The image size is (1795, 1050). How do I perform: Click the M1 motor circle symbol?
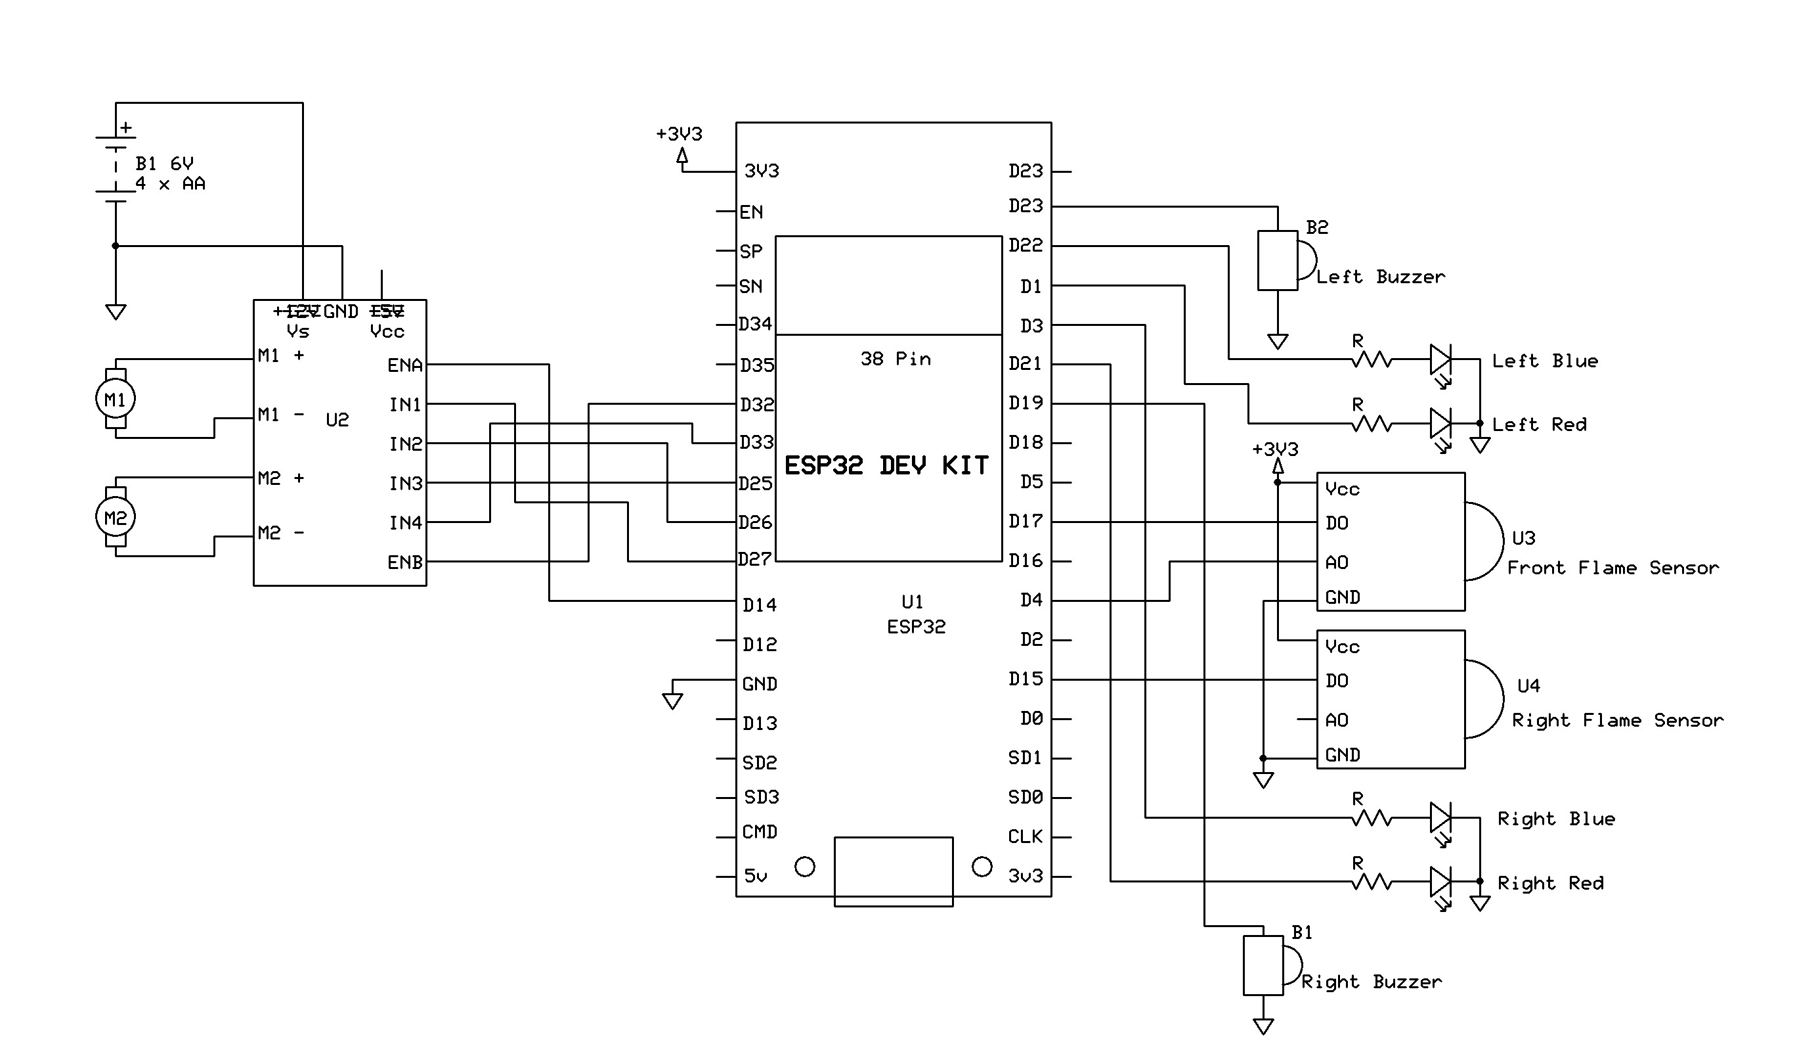(x=116, y=399)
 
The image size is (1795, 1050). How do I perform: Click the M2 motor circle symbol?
(x=116, y=518)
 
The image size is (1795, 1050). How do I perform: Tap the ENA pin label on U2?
(x=404, y=366)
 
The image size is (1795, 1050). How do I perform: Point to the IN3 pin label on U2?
(x=405, y=484)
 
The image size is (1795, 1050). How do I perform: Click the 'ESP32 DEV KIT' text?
(x=886, y=466)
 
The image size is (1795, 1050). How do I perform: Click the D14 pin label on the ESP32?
(x=760, y=605)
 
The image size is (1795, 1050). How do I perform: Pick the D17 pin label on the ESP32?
(x=1025, y=522)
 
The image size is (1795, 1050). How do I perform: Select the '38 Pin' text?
(x=896, y=359)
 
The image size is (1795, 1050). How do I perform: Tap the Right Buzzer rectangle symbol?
(x=1263, y=965)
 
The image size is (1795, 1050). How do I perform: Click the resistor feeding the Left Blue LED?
(x=1371, y=359)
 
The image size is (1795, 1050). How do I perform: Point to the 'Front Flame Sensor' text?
(x=1612, y=568)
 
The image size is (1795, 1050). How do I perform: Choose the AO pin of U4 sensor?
(x=1337, y=720)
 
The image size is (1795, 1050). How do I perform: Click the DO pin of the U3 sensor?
(x=1337, y=523)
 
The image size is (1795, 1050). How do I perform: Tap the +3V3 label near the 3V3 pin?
(x=679, y=134)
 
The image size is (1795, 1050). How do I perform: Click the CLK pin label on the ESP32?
(x=1025, y=837)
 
